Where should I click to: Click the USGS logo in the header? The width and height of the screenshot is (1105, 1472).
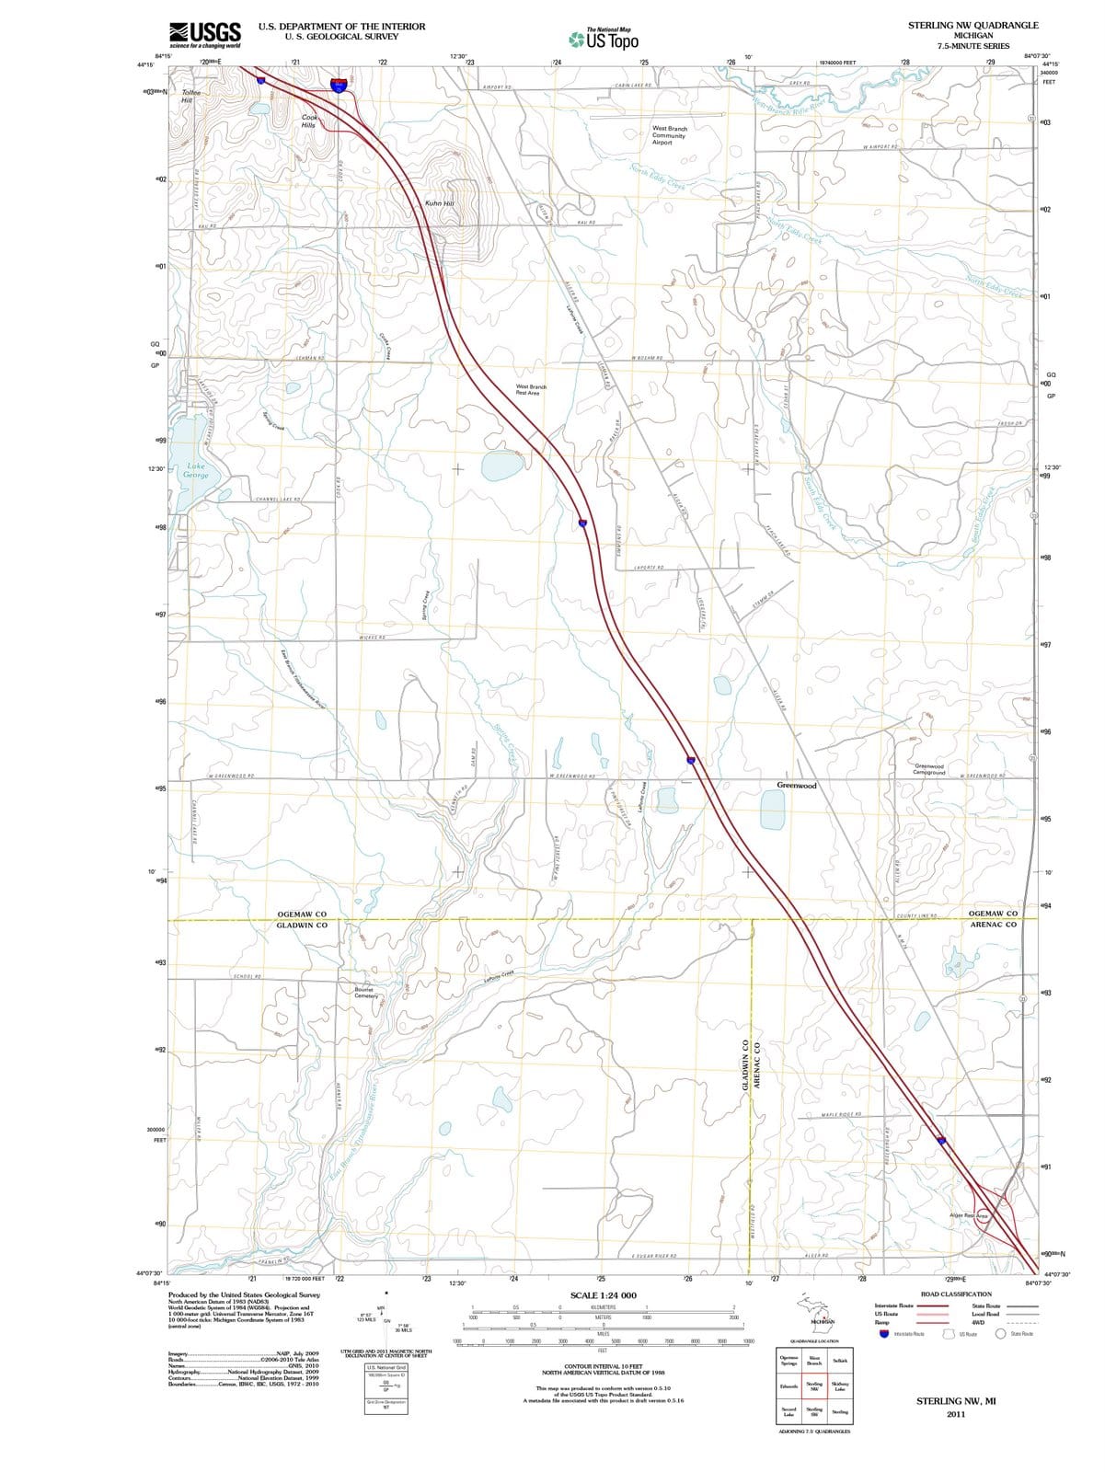click(205, 34)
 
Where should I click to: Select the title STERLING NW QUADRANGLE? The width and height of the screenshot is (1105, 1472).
click(972, 26)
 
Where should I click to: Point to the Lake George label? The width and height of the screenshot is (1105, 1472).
click(196, 471)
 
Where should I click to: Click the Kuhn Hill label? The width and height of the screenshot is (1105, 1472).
click(440, 203)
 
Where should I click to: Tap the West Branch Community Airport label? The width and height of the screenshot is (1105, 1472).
click(669, 135)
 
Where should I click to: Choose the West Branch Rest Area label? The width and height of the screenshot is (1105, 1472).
click(531, 390)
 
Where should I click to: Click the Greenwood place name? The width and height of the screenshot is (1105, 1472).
click(797, 786)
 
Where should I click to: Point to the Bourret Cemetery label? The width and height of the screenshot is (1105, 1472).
click(365, 993)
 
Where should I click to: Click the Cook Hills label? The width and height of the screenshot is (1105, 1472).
click(309, 121)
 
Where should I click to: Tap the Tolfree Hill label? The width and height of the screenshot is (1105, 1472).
click(190, 96)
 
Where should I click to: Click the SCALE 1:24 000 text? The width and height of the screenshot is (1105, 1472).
click(603, 1295)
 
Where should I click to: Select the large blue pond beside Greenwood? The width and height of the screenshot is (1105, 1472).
click(773, 810)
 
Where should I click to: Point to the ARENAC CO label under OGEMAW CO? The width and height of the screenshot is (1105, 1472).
click(994, 925)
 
